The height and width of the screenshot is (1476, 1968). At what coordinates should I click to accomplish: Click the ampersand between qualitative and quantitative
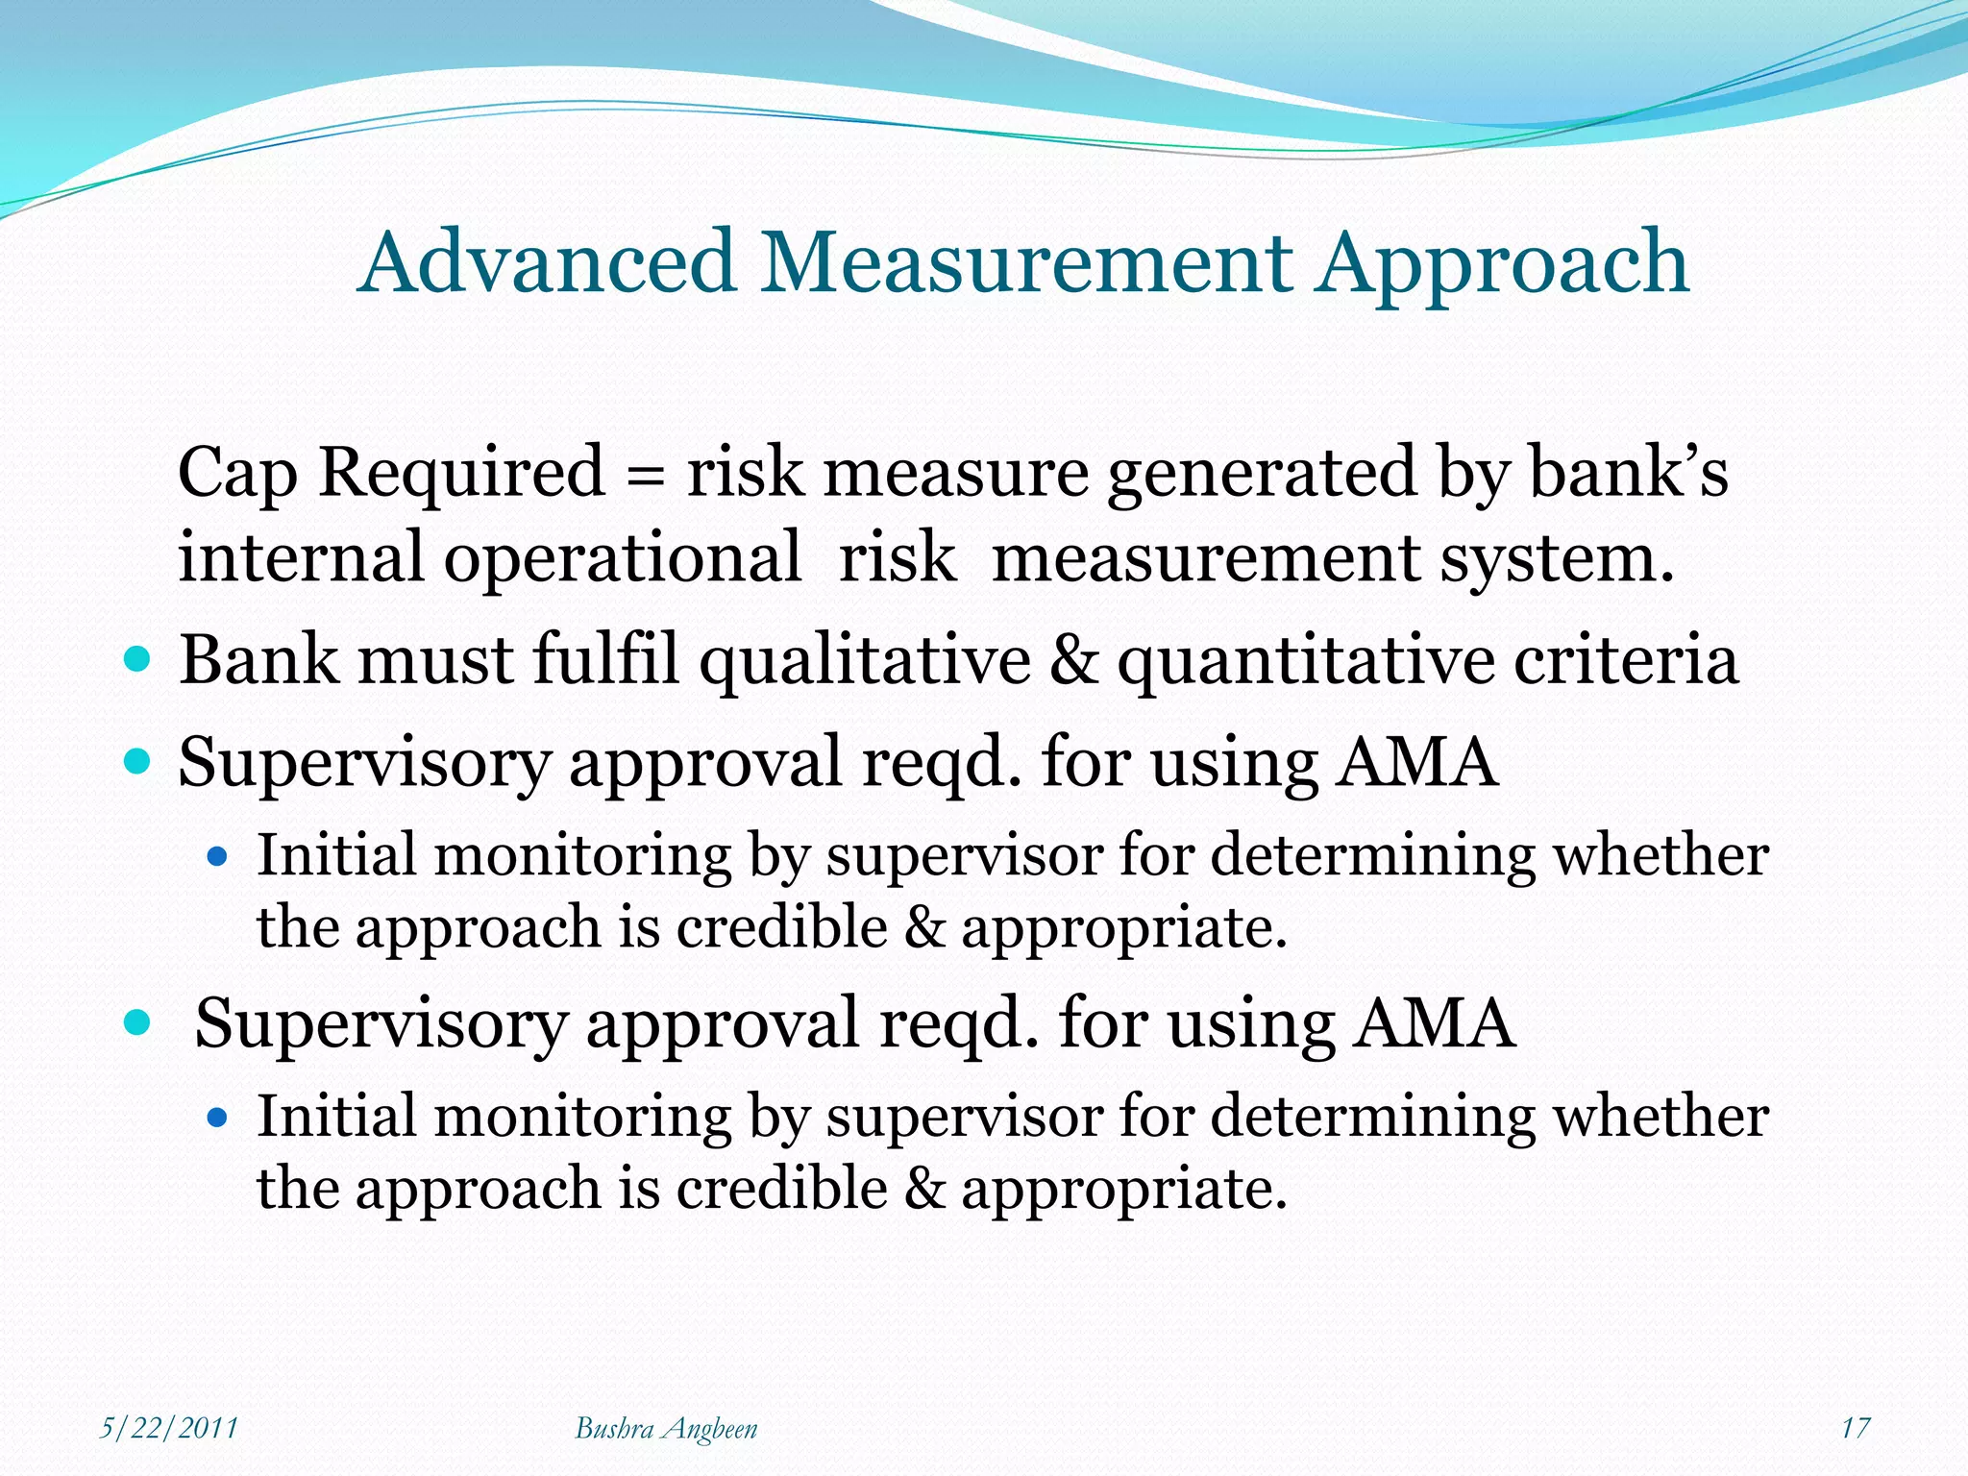(1073, 661)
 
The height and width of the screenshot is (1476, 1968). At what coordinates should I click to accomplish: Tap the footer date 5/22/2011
(169, 1428)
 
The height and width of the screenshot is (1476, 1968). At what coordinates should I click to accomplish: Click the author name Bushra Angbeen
(666, 1429)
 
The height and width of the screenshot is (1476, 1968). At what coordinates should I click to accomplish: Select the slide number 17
(1855, 1428)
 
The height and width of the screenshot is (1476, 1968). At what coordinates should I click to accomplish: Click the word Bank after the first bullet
(259, 661)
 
